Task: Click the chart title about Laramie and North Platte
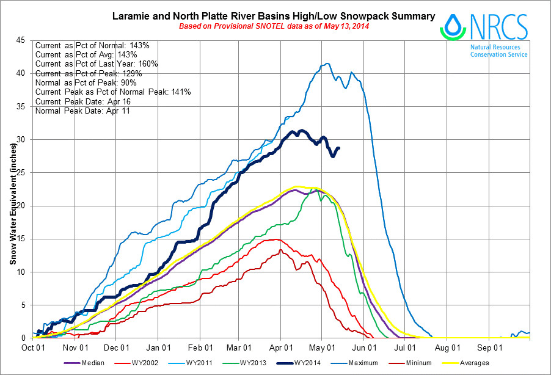tap(274, 16)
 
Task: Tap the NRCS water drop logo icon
tap(453, 26)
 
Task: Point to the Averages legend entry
tap(475, 363)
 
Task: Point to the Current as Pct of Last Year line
tap(97, 64)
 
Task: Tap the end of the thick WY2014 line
tap(339, 148)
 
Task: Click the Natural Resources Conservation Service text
tap(498, 50)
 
